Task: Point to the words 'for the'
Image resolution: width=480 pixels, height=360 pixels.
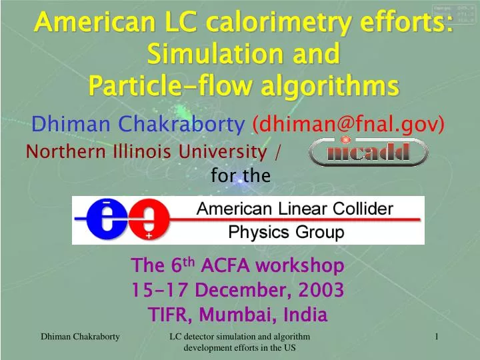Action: pyautogui.click(x=240, y=176)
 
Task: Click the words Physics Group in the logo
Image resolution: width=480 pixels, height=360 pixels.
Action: pyautogui.click(x=287, y=233)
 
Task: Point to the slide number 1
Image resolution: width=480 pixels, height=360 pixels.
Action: pyautogui.click(x=436, y=338)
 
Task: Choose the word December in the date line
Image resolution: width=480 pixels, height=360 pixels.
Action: pyautogui.click(x=231, y=290)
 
